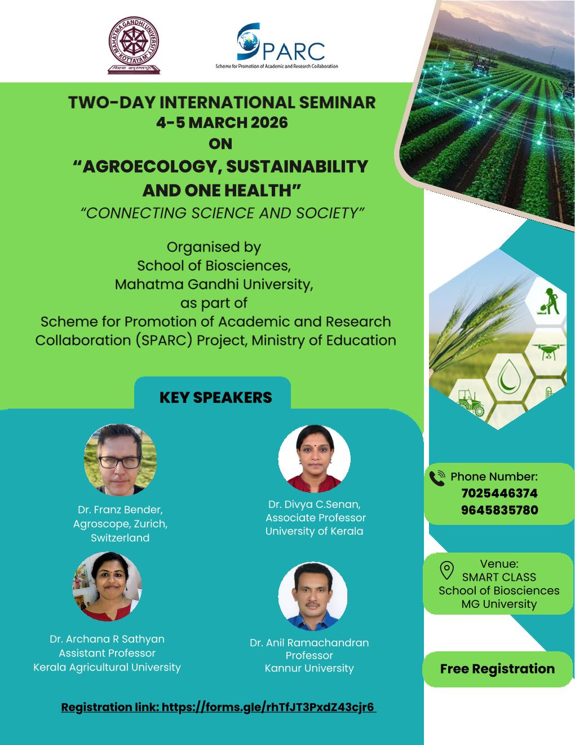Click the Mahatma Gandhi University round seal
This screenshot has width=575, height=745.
pos(134,41)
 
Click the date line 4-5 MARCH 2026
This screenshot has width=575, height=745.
pos(222,122)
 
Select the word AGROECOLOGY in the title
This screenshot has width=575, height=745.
pos(149,167)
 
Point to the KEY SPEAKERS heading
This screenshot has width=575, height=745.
pos(216,397)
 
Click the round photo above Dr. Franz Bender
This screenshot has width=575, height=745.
pos(121,460)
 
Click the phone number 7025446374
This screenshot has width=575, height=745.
pos(499,493)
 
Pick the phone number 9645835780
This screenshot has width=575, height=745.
pos(499,510)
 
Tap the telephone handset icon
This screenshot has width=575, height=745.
pos(437,478)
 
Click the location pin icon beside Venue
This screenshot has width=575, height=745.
pos(446,571)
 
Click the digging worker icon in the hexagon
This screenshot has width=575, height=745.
pos(549,301)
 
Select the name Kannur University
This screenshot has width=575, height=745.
pos(309,668)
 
